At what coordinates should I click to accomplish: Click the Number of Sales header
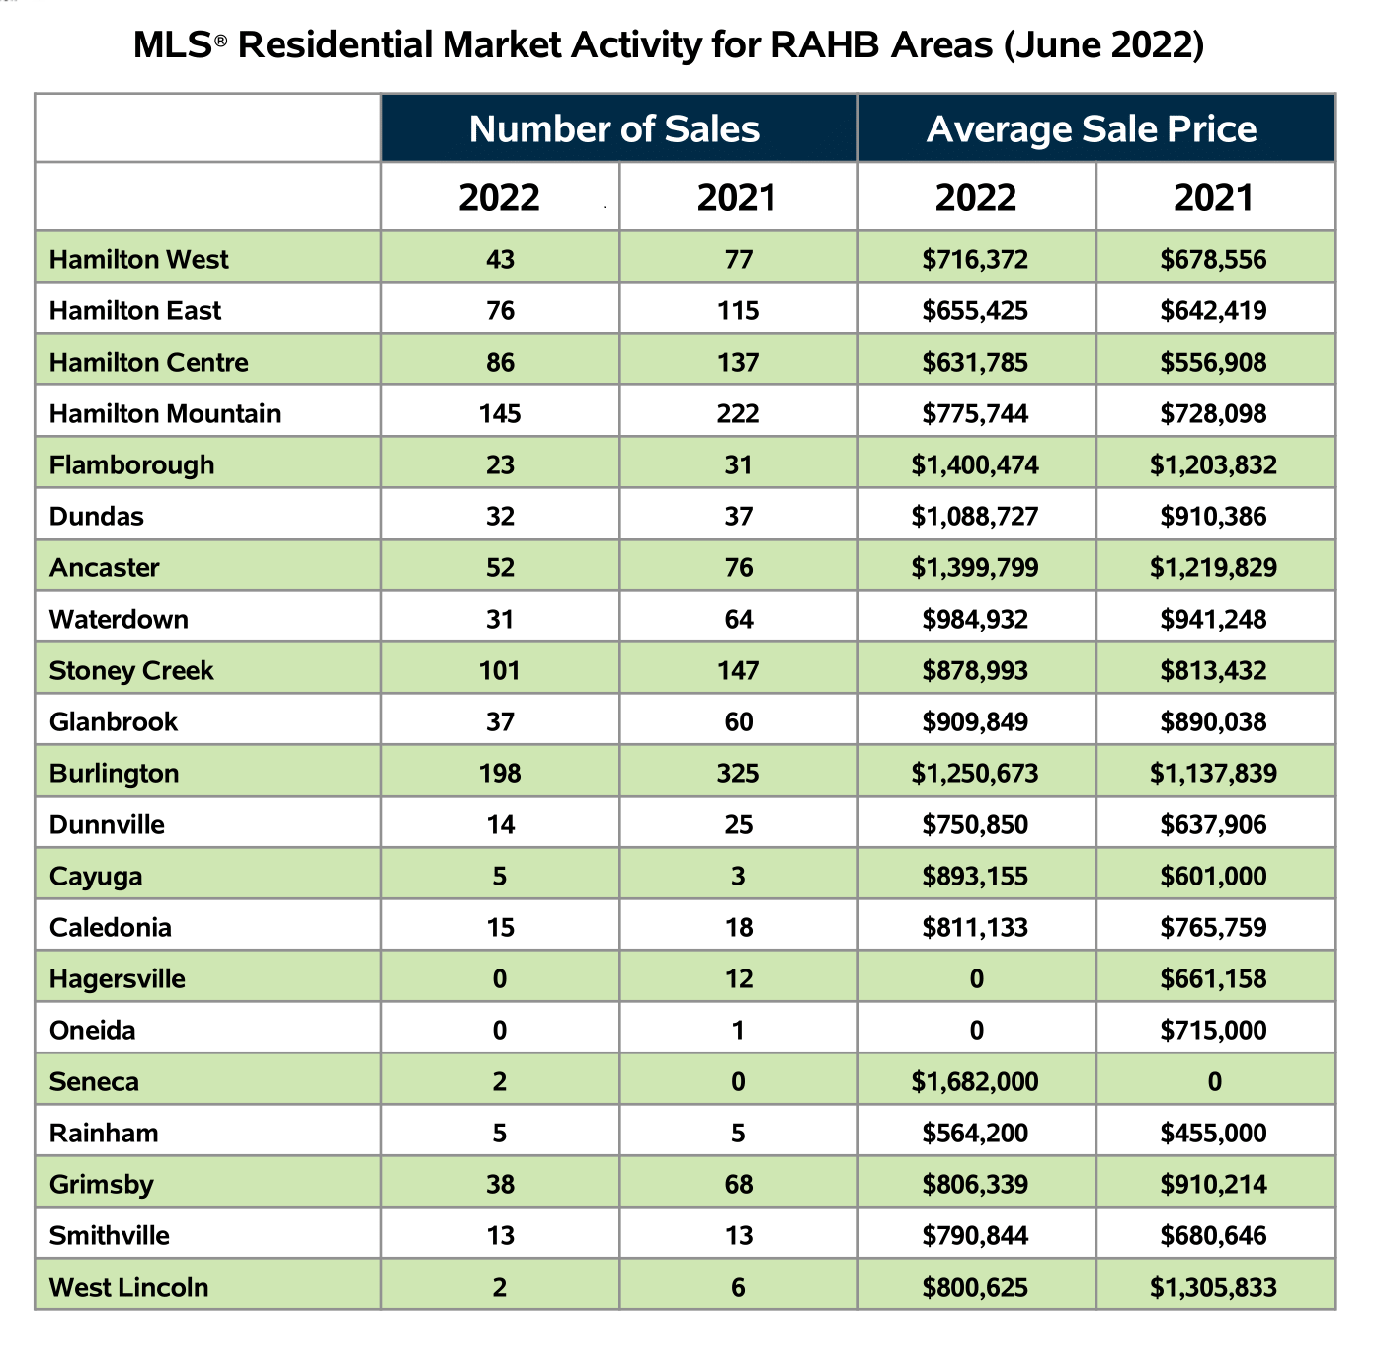613,129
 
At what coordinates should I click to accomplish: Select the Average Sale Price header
1092,129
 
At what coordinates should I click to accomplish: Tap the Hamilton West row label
139,259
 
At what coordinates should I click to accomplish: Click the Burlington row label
114,773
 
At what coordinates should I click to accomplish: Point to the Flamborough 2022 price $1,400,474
975,464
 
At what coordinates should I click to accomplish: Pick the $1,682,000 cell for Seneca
975,1081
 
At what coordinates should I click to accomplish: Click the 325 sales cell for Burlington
738,773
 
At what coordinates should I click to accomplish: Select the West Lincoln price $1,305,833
1213,1287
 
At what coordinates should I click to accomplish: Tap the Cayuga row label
96,877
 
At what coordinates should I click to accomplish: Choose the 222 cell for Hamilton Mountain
738,413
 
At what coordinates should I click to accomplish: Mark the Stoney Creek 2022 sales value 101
500,670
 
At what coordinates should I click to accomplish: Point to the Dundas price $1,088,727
975,516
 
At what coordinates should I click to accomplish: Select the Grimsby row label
102,1184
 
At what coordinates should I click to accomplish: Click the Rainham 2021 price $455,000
1213,1134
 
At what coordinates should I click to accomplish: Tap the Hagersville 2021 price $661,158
1213,978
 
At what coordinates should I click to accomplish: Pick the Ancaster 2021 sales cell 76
738,567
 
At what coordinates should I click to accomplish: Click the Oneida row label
92,1031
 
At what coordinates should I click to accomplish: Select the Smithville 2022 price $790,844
975,1236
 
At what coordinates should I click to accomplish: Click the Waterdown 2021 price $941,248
1213,619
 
